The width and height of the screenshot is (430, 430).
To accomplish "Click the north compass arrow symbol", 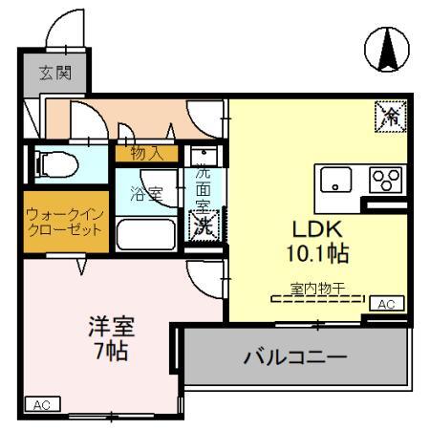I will click(x=389, y=50).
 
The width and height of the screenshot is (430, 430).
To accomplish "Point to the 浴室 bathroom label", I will click(x=146, y=193).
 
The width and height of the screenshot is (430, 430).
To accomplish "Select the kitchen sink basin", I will click(x=336, y=179).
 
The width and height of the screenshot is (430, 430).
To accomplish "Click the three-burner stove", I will click(x=384, y=179).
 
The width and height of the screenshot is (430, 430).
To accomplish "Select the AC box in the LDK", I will click(x=386, y=303).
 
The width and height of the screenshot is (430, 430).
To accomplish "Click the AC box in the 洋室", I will click(x=41, y=405).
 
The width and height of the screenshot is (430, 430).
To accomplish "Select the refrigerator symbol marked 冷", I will click(x=390, y=116).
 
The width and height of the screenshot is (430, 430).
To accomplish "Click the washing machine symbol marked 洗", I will click(x=204, y=226).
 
